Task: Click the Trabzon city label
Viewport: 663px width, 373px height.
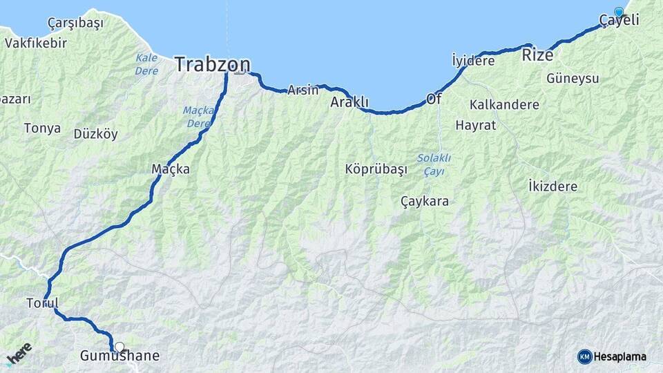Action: pyautogui.click(x=212, y=64)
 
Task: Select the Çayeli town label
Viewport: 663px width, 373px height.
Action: pyautogui.click(x=619, y=21)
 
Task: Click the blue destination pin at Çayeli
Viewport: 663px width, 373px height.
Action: pyautogui.click(x=619, y=12)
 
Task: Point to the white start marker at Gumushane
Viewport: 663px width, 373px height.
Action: pyautogui.click(x=119, y=347)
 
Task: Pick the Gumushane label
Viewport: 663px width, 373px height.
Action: pyautogui.click(x=119, y=356)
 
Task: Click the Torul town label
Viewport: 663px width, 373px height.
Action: pyautogui.click(x=42, y=303)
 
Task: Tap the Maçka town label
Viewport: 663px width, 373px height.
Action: pyautogui.click(x=171, y=169)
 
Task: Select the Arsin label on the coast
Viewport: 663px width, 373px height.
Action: pyautogui.click(x=303, y=90)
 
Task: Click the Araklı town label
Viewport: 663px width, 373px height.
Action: pyautogui.click(x=349, y=102)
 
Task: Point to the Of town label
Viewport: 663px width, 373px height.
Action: pyautogui.click(x=434, y=99)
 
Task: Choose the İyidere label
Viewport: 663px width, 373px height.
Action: pyautogui.click(x=473, y=61)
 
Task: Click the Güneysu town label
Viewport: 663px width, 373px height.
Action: pyautogui.click(x=573, y=79)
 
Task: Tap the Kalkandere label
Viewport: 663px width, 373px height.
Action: pyautogui.click(x=504, y=105)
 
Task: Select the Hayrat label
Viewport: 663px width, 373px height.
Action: pyautogui.click(x=476, y=125)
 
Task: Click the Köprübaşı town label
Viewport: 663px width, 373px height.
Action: pyautogui.click(x=376, y=169)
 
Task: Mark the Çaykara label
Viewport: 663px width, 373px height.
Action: pyautogui.click(x=425, y=202)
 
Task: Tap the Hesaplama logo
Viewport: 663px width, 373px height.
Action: pyautogui.click(x=612, y=356)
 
